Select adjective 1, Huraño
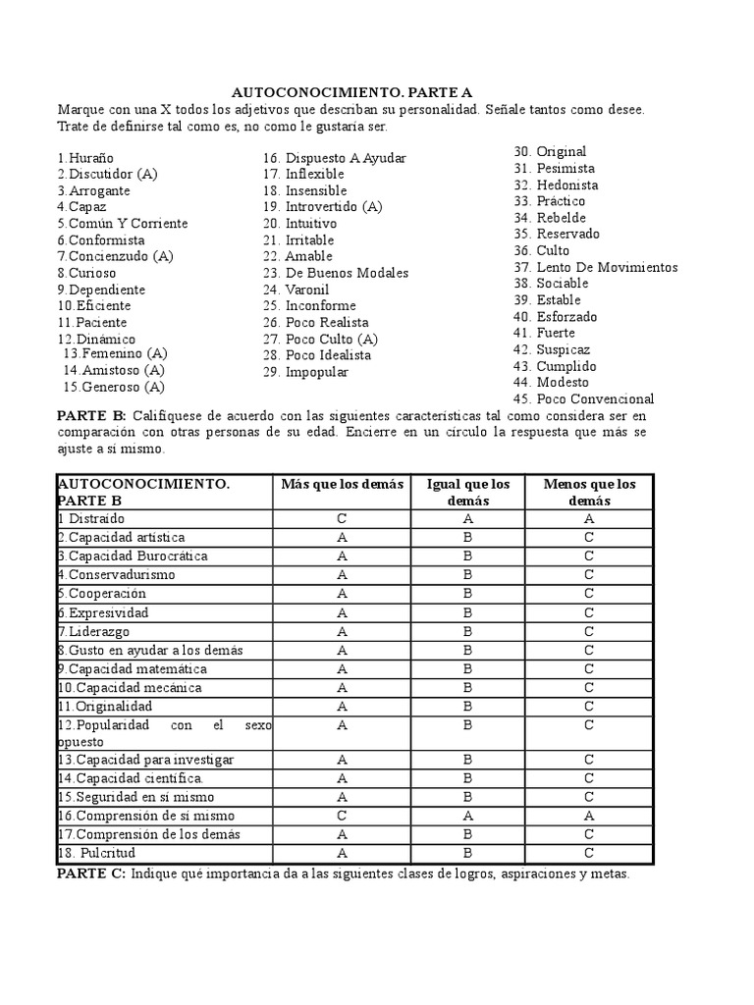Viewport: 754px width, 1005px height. click(x=85, y=157)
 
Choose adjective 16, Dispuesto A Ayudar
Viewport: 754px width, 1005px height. click(x=334, y=158)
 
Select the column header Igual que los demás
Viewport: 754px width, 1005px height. click(x=468, y=492)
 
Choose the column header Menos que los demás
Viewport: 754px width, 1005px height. click(x=588, y=492)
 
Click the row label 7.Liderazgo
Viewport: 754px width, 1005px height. click(x=93, y=631)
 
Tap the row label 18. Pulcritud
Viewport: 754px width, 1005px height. click(x=96, y=852)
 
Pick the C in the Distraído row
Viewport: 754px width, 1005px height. click(x=342, y=518)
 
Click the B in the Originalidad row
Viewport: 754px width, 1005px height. click(x=468, y=706)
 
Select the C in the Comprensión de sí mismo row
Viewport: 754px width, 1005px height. click(x=342, y=815)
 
